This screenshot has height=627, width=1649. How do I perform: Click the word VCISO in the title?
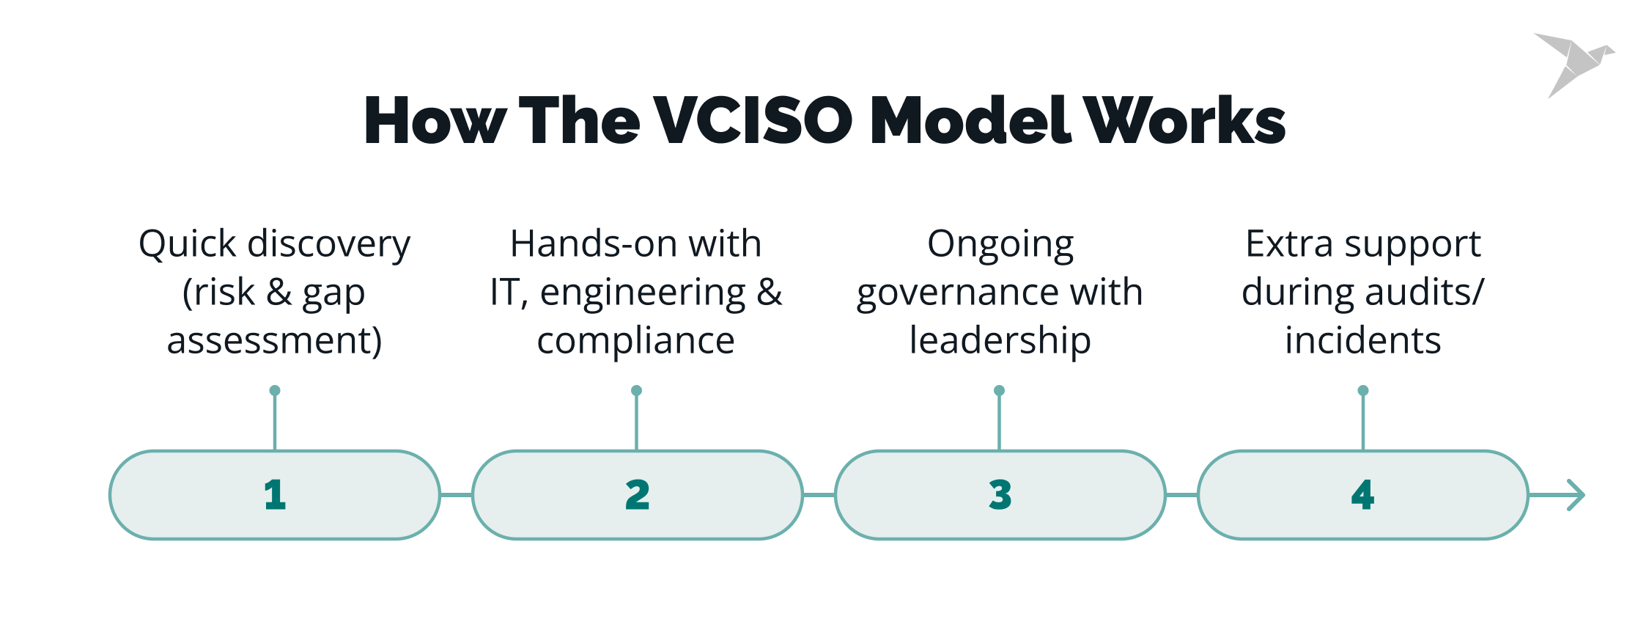click(x=753, y=120)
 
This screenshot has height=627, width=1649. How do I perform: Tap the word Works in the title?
click(x=1184, y=120)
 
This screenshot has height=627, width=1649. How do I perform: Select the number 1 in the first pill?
click(x=275, y=495)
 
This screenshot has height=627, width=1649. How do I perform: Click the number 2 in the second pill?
click(x=637, y=495)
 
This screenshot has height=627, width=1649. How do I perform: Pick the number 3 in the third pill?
click(x=1000, y=495)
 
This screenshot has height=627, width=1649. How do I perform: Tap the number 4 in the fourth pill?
click(x=1362, y=495)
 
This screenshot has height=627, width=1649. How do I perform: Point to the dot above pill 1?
click(x=275, y=390)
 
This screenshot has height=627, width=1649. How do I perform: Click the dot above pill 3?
click(x=999, y=390)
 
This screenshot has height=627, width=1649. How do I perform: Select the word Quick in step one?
click(x=188, y=244)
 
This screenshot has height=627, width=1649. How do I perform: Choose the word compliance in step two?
click(x=635, y=341)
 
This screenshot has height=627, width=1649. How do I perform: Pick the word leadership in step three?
click(x=1000, y=341)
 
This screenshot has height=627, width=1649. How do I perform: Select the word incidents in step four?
click(x=1362, y=341)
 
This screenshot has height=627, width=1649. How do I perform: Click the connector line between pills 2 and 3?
click(x=819, y=495)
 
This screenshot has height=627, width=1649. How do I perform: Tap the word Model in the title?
click(x=971, y=120)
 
